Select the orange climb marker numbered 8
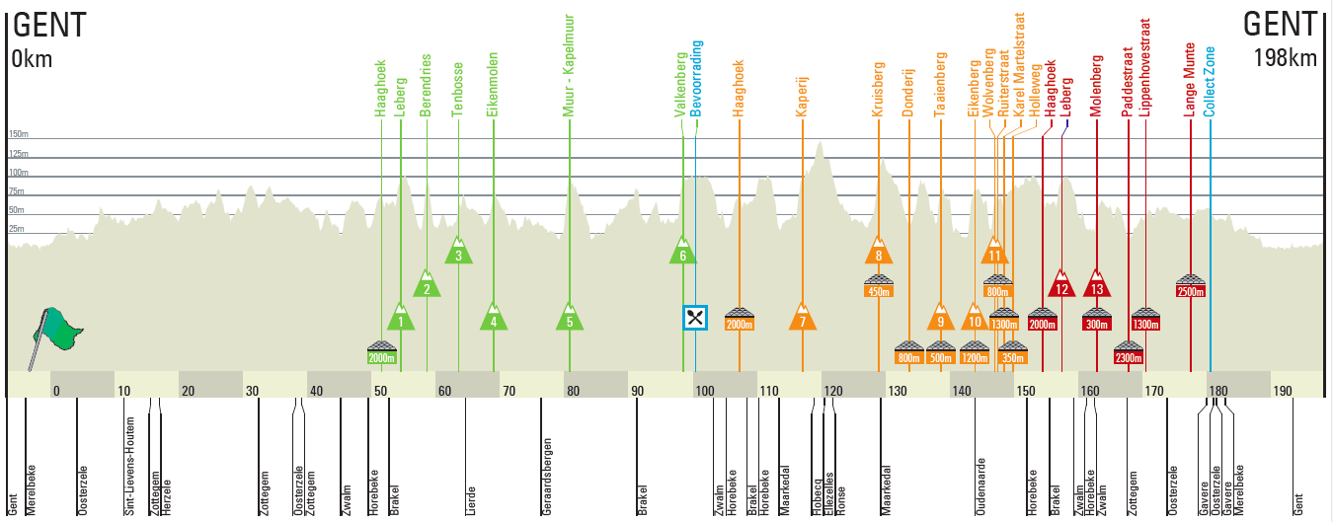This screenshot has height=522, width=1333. pyautogui.click(x=879, y=253)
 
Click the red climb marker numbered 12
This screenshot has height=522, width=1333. pyautogui.click(x=1061, y=285)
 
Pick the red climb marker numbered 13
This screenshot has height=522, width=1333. pyautogui.click(x=1097, y=285)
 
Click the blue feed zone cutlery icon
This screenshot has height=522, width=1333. pyautogui.click(x=695, y=317)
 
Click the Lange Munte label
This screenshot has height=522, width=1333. pyautogui.click(x=1191, y=79)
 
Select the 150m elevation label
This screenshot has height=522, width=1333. pyautogui.click(x=18, y=134)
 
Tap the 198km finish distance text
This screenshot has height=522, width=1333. pyautogui.click(x=1285, y=58)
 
